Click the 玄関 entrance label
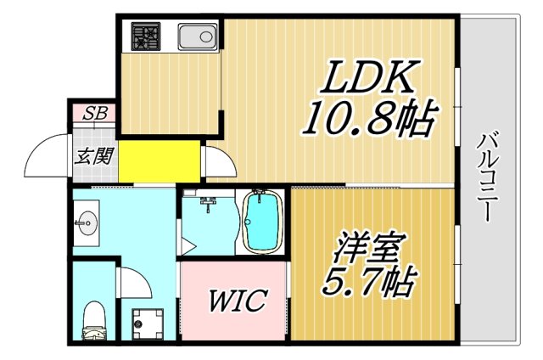(91, 156)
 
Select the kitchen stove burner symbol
(144, 37)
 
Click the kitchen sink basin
(197, 37)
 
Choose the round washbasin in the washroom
(86, 225)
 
